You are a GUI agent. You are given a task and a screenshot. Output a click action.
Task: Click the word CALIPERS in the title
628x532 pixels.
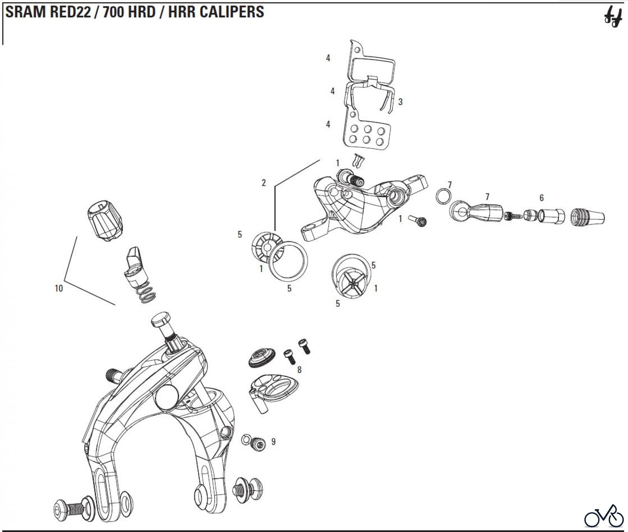pos(232,12)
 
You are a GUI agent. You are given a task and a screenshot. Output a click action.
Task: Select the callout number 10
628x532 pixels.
pos(59,288)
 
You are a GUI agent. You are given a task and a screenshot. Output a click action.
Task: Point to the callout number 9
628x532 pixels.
pos(273,442)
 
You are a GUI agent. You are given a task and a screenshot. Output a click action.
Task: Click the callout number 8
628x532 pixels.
pos(299,370)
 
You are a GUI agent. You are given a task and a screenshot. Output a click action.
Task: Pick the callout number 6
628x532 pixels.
pos(541,198)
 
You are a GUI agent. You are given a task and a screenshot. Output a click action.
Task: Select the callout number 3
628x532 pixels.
pos(400,102)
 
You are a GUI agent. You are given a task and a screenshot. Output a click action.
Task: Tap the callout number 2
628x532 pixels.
pos(264,183)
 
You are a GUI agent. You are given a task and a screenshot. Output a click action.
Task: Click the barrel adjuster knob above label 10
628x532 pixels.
pos(105,221)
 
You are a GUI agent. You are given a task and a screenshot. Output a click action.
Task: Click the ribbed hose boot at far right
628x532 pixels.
pos(588,217)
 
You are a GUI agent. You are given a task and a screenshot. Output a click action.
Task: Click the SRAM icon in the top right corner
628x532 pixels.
pos(613,19)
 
